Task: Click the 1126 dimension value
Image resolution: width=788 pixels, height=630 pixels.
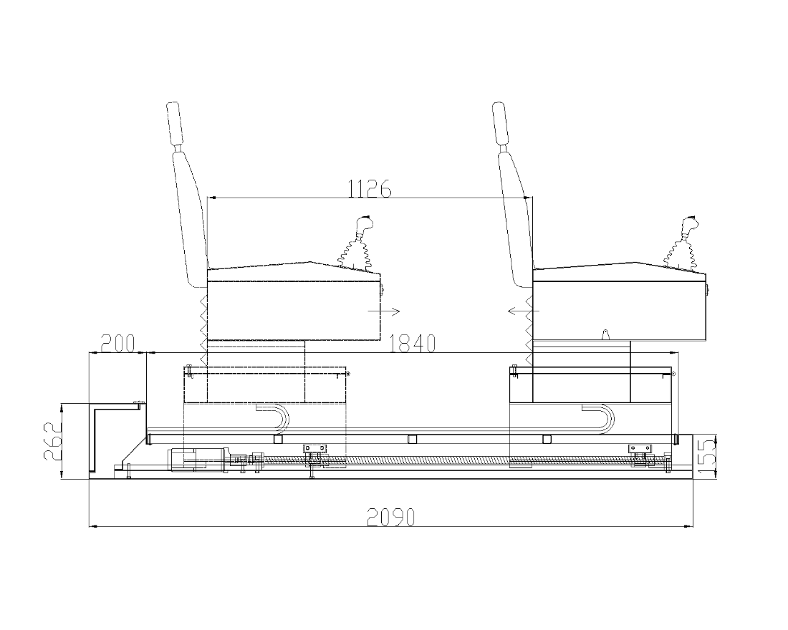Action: click(370, 189)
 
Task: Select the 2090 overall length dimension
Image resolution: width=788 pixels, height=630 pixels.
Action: click(391, 517)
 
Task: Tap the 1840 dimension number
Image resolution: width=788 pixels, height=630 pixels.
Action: click(413, 344)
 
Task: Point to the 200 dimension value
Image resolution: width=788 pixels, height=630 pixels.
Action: click(118, 344)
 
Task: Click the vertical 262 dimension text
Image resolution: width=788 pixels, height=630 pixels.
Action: click(52, 442)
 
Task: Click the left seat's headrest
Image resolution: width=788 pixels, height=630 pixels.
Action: click(173, 123)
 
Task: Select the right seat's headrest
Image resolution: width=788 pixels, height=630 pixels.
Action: click(499, 123)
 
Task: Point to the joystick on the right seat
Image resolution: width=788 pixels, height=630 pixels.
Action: click(683, 243)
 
